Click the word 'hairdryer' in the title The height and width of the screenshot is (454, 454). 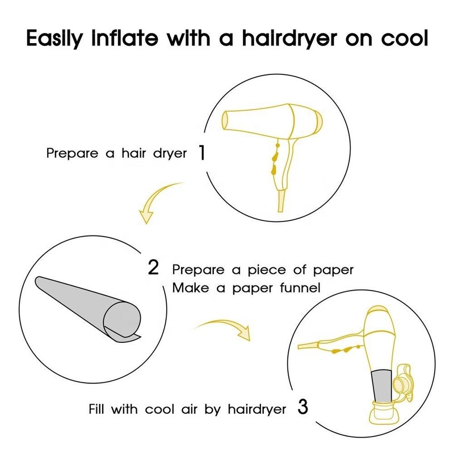(289, 37)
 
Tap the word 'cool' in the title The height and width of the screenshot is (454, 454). (404, 37)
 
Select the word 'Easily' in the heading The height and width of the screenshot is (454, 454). (54, 37)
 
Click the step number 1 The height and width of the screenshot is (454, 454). (202, 152)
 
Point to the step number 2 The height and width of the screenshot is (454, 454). (153, 267)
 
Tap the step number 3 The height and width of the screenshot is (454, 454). (302, 407)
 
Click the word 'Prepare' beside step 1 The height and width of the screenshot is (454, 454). (73, 153)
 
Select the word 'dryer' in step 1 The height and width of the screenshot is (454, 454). (170, 153)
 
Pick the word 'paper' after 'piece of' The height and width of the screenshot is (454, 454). (333, 271)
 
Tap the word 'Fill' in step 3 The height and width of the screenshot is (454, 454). (96, 409)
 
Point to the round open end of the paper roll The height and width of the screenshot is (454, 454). (123, 318)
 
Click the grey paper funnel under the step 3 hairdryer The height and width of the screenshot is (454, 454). (381, 385)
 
